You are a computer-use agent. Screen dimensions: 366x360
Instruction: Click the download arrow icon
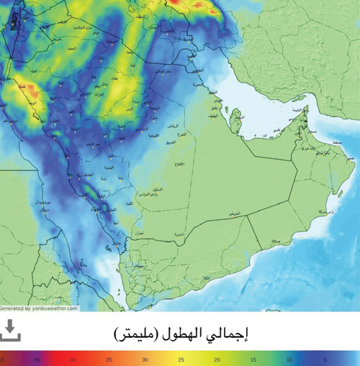tap(10, 331)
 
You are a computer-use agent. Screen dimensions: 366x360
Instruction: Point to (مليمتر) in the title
tap(138, 334)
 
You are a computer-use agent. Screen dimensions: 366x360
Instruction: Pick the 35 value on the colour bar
tap(109, 358)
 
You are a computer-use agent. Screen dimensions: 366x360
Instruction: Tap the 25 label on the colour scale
tap(180, 358)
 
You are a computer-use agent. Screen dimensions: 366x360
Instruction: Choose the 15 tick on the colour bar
tap(251, 358)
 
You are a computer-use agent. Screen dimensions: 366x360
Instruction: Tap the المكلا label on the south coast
tap(208, 278)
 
